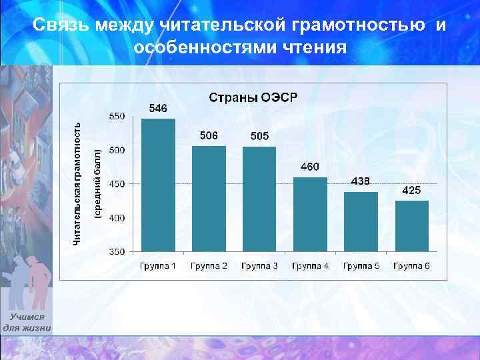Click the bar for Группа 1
coord(158,185)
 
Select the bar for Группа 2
coord(209,199)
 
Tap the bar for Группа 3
coord(259,199)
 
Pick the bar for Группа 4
coord(310,215)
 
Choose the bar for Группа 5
coord(361,222)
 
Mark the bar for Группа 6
coord(411,226)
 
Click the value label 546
coord(158,108)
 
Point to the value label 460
coord(309,166)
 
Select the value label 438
coord(361,181)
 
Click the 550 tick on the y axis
coord(117,116)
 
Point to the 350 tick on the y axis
coord(117,252)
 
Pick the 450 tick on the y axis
coord(117,184)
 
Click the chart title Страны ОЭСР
coord(254,97)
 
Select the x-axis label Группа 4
coord(310,266)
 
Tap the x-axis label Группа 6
coord(411,266)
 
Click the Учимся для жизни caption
coord(27,323)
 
